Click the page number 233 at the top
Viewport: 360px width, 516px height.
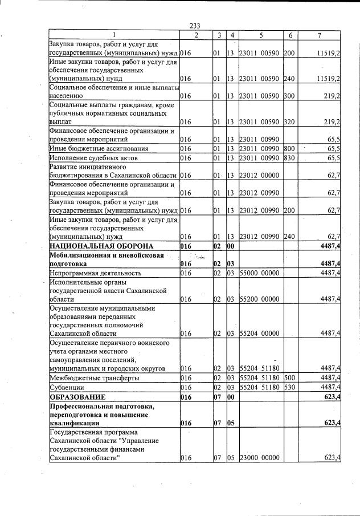tap(194, 25)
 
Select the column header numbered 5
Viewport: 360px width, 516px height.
tap(261, 35)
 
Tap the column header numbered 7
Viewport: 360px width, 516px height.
tap(320, 35)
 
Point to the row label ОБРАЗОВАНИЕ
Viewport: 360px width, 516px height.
tap(77, 396)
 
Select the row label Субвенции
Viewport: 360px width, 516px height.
tap(67, 387)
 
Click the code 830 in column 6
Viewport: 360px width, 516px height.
tap(289, 158)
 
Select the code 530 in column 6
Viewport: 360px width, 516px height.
tap(289, 387)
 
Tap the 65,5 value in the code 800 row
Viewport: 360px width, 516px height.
tap(333, 149)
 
